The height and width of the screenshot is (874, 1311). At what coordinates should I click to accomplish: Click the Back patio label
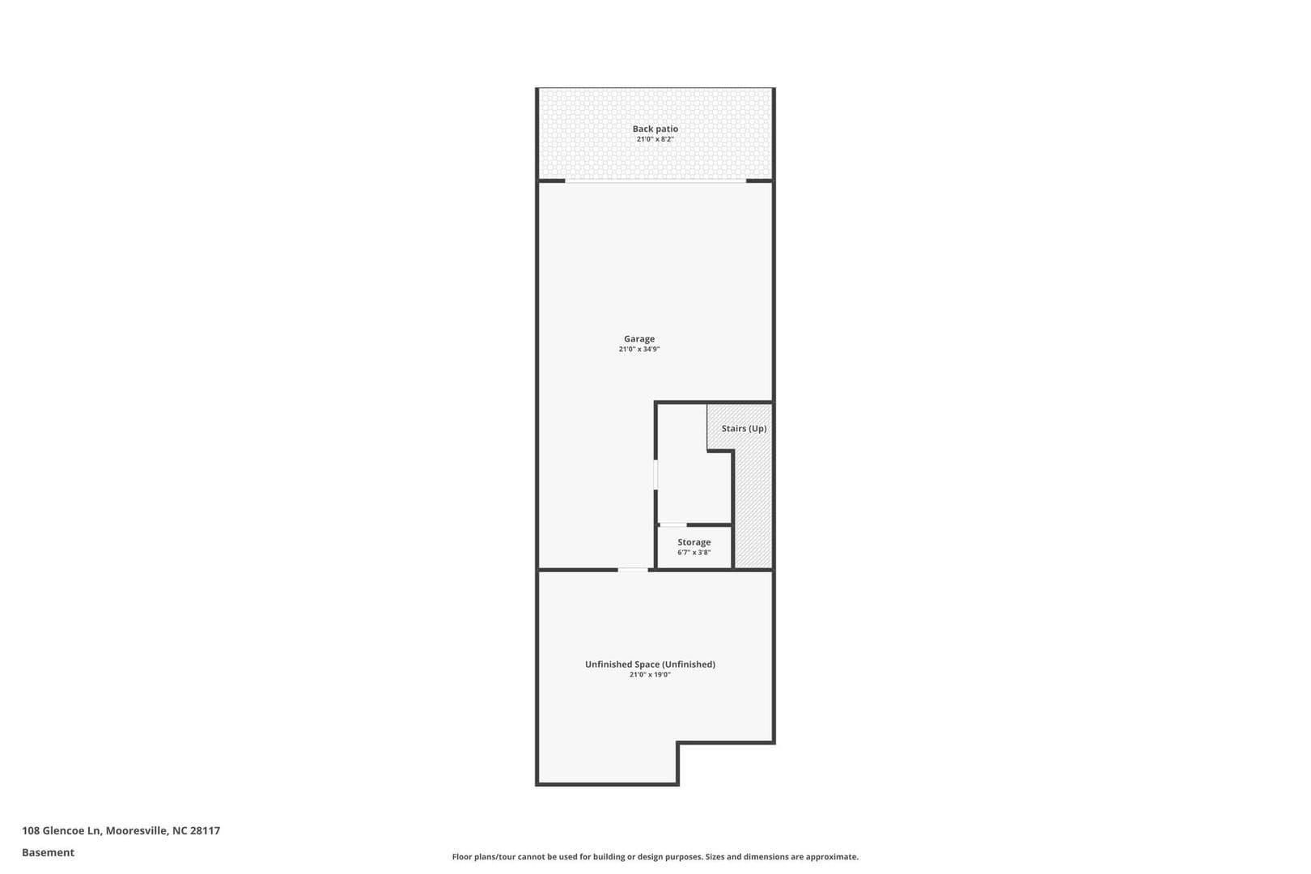(655, 129)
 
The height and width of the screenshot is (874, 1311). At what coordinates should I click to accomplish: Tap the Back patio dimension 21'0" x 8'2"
(655, 139)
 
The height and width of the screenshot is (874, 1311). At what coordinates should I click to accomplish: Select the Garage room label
(639, 339)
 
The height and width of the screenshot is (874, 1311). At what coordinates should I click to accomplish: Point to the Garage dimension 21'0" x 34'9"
(639, 350)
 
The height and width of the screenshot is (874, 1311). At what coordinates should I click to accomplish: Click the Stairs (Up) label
(744, 428)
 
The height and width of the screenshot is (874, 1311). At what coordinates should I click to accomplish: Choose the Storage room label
(694, 542)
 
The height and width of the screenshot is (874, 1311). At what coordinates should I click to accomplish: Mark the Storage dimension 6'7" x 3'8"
(694, 553)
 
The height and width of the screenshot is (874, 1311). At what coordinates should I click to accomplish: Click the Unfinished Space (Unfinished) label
(650, 664)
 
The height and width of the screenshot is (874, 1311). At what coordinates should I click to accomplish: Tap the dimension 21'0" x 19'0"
(650, 675)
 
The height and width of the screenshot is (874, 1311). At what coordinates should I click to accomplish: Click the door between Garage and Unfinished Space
(633, 570)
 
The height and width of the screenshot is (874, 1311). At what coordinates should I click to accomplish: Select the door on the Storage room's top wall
(673, 525)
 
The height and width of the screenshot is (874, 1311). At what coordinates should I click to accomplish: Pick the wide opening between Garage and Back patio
(655, 181)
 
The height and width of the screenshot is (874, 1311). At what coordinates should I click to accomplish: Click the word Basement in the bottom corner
(48, 852)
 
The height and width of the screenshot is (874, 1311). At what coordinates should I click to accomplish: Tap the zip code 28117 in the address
(206, 830)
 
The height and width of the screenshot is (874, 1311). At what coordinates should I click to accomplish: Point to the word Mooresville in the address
(136, 830)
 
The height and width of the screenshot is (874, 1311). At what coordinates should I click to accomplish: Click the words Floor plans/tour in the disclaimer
(484, 856)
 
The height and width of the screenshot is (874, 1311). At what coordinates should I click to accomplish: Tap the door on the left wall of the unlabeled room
(655, 475)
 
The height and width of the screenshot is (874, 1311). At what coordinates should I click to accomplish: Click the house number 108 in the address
(30, 830)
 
